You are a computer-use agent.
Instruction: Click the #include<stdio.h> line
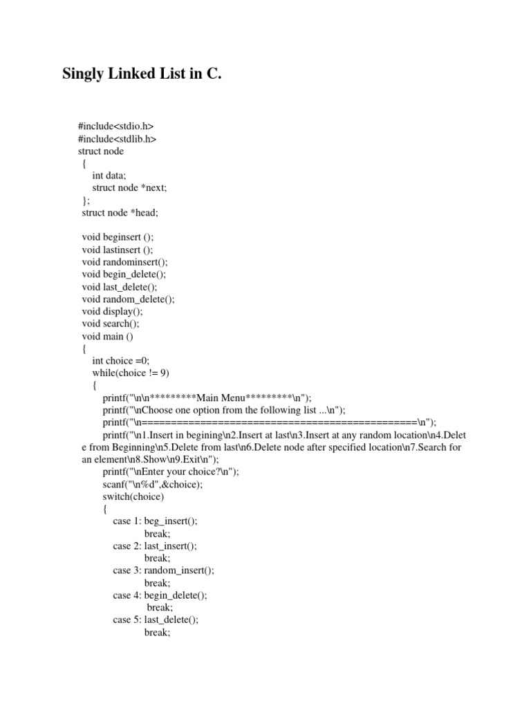coord(115,126)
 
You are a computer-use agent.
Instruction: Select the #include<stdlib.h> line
coord(117,138)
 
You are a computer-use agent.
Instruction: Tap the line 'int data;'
coord(109,176)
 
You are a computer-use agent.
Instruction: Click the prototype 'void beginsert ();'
coord(118,237)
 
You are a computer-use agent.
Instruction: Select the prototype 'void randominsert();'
coord(124,262)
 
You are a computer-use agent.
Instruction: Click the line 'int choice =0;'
coord(121,361)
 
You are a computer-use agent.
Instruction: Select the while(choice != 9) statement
coord(131,373)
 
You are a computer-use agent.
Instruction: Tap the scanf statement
coord(153,484)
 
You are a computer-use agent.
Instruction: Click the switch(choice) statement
coord(133,496)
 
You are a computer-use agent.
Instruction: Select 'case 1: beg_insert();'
coord(156,521)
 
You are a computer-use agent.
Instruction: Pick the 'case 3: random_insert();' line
coord(164,570)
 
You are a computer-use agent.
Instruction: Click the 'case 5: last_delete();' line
coord(156,620)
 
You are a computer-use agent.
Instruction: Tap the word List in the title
coord(171,75)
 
